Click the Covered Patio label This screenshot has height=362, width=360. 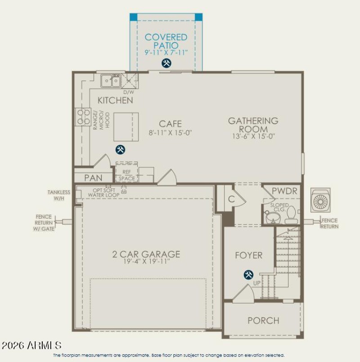(166, 41)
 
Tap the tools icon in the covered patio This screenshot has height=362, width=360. (166, 63)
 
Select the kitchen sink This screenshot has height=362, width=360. (111, 81)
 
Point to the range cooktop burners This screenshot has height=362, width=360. (83, 116)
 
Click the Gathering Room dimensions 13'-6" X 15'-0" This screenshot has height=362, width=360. (253, 136)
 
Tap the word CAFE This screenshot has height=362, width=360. (171, 124)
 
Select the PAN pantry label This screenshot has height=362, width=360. (93, 178)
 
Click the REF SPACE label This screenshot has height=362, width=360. (126, 175)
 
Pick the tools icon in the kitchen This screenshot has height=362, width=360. (120, 149)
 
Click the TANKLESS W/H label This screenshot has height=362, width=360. (59, 195)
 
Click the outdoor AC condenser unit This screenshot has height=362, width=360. (321, 200)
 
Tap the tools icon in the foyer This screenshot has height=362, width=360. (248, 274)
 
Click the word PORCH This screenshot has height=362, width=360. (263, 321)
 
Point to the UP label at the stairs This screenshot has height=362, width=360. (257, 283)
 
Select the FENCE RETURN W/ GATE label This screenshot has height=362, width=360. (44, 222)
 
